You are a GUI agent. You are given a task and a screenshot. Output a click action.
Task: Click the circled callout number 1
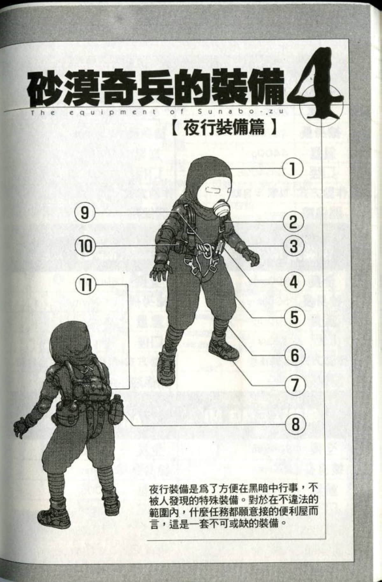click(293, 169)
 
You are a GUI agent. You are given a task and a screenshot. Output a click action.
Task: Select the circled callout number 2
click(293, 222)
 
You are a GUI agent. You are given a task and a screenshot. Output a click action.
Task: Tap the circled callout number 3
click(293, 246)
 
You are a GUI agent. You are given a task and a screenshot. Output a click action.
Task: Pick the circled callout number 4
click(293, 282)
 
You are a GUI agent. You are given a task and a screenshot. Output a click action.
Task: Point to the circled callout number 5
click(293, 317)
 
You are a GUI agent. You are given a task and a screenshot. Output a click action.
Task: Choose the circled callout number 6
click(293, 355)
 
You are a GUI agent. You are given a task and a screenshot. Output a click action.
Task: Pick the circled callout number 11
click(84, 284)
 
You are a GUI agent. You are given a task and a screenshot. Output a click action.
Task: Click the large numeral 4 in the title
click(317, 86)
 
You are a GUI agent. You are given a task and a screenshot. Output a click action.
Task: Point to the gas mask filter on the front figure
click(220, 206)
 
